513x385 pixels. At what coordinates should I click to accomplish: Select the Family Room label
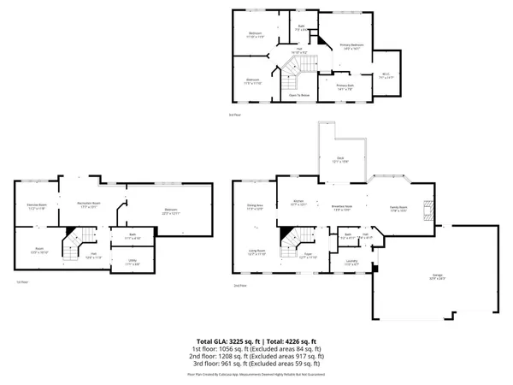tap(398, 208)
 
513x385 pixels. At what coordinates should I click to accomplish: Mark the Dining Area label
tap(254, 207)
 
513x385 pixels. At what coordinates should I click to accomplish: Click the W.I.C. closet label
tap(386, 74)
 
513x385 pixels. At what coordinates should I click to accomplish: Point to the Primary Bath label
tap(345, 86)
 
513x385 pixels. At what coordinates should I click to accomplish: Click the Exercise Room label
tap(36, 206)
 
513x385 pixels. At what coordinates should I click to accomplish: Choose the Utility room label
tap(133, 264)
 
